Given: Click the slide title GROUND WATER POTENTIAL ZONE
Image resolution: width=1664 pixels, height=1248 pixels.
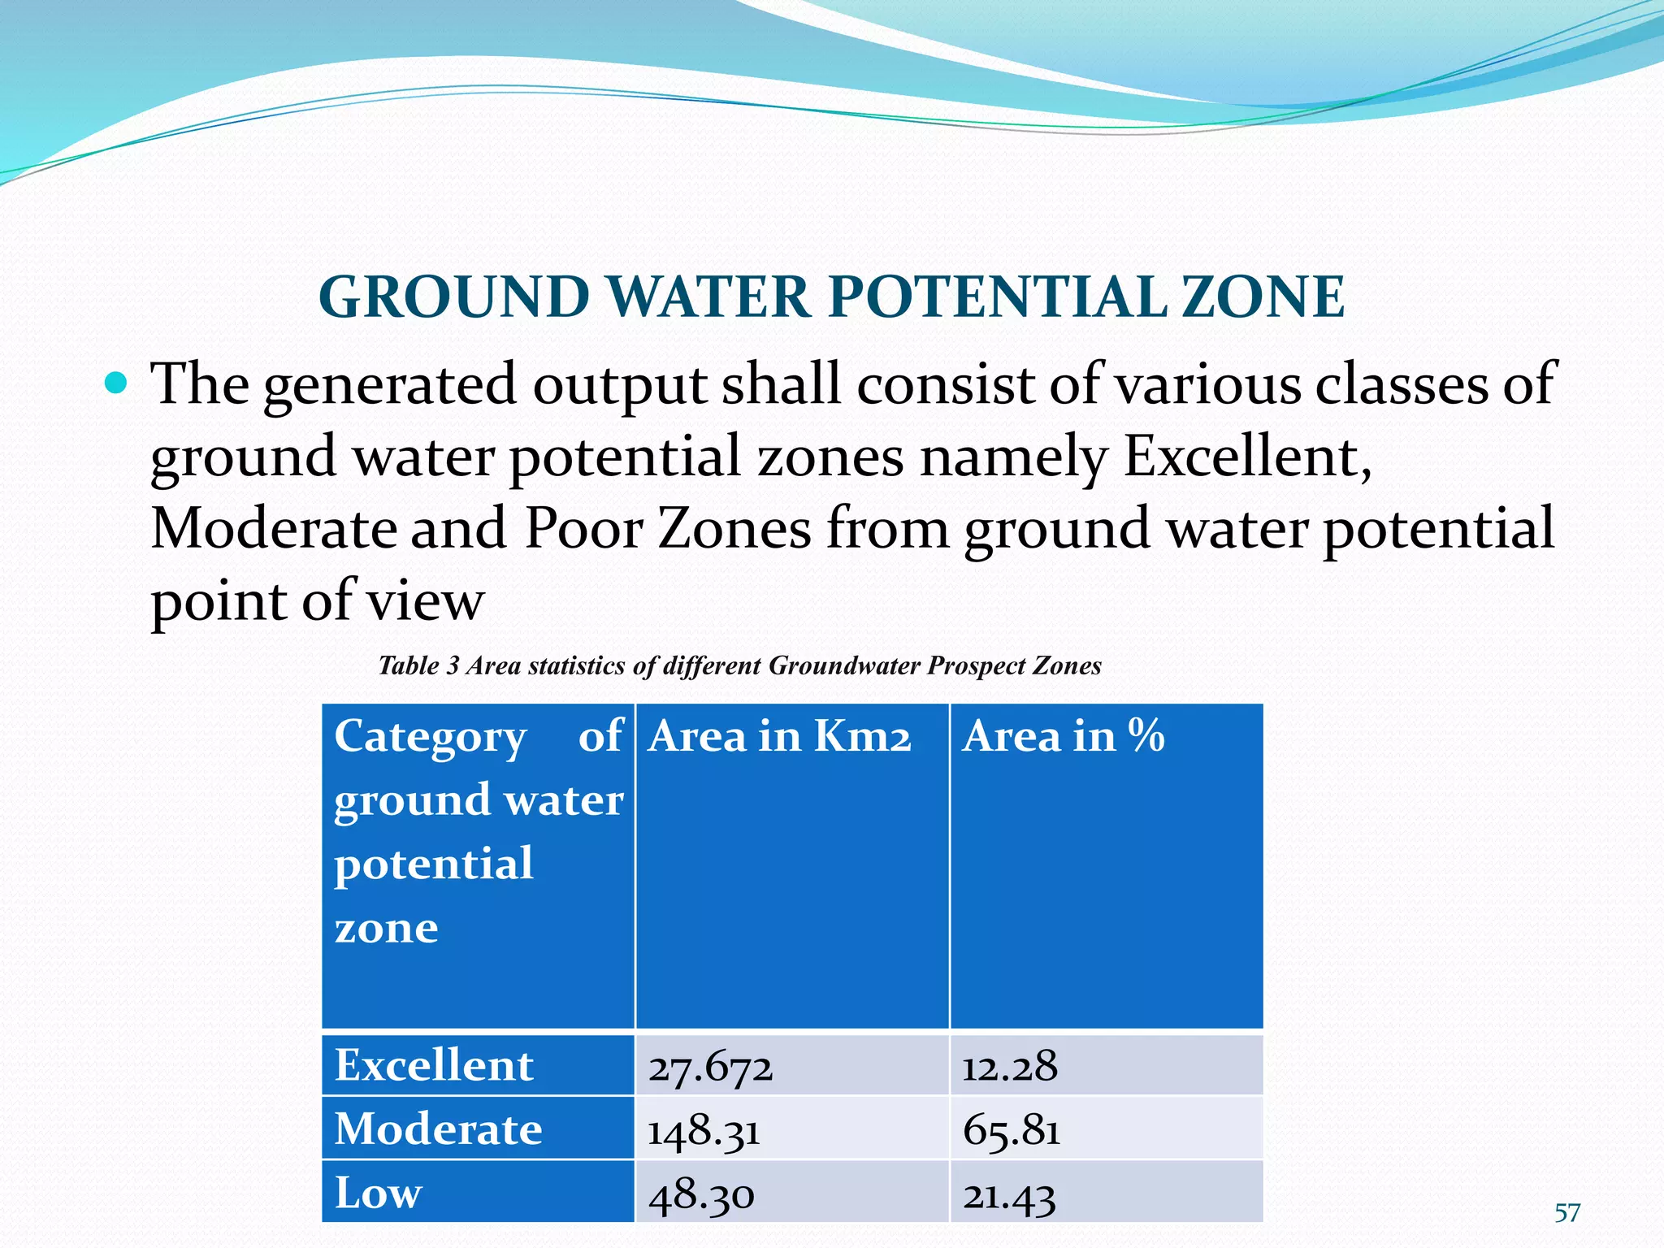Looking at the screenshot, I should tap(831, 297).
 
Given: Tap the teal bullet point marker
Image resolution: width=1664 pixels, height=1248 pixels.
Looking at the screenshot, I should tap(116, 382).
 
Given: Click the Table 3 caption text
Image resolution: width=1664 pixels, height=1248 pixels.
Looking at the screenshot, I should tap(739, 666).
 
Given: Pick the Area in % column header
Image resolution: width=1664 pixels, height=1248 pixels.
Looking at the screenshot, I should tap(1063, 736).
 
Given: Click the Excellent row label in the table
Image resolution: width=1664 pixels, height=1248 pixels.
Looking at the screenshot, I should tap(434, 1065).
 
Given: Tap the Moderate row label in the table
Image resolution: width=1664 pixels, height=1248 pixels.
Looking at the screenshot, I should tap(438, 1129).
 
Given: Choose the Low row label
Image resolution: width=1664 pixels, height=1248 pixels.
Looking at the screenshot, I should tap(379, 1193).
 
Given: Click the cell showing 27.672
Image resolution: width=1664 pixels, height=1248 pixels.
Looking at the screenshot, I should tap(710, 1066).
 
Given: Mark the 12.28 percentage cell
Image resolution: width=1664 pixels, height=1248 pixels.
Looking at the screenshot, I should tap(1010, 1066).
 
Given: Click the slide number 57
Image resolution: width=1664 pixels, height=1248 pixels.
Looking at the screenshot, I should tap(1567, 1213).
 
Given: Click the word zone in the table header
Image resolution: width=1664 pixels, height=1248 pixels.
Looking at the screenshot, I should tap(386, 927).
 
